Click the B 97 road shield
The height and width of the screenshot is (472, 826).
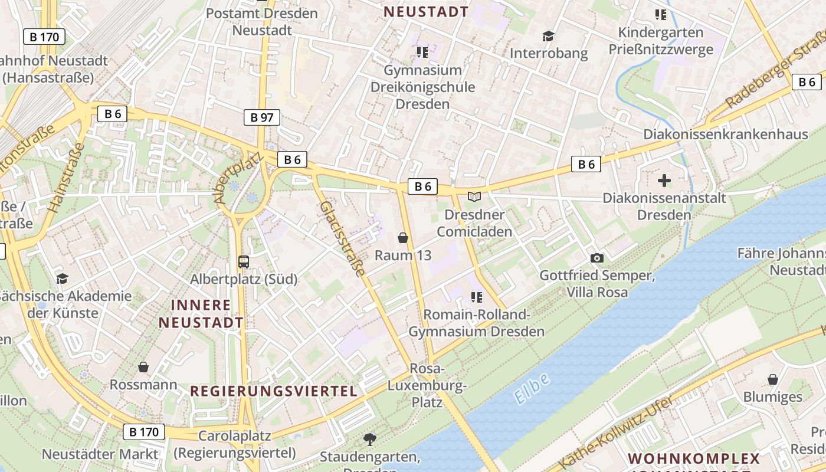262,117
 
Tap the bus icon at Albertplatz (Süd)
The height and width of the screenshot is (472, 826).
243,261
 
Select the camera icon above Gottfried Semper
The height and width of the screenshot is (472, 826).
597,258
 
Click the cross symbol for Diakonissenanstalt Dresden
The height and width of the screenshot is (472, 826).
664,180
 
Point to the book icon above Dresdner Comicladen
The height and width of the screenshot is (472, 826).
474,196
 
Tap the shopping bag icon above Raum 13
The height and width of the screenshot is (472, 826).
403,238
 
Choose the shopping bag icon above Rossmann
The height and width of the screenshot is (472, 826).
143,368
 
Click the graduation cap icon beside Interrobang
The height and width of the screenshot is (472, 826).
548,37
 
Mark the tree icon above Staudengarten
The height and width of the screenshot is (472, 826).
370,439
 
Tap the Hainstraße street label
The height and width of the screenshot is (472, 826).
65,178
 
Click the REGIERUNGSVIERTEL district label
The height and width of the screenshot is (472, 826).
274,391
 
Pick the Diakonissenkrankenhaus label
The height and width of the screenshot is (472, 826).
725,135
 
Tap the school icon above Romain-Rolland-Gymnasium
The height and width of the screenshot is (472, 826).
477,297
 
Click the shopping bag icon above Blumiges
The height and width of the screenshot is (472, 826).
773,379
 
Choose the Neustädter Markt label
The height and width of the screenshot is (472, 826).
100,454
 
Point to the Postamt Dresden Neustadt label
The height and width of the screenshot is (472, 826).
262,21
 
